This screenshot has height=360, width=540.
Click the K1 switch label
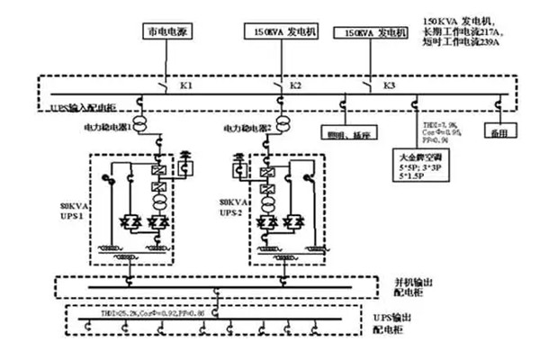click(186, 85)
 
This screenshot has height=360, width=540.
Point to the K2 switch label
click(295, 85)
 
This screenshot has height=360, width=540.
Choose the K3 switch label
click(389, 85)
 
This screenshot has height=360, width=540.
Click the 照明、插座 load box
click(351, 132)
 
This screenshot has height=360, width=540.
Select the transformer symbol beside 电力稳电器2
click(283, 121)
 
